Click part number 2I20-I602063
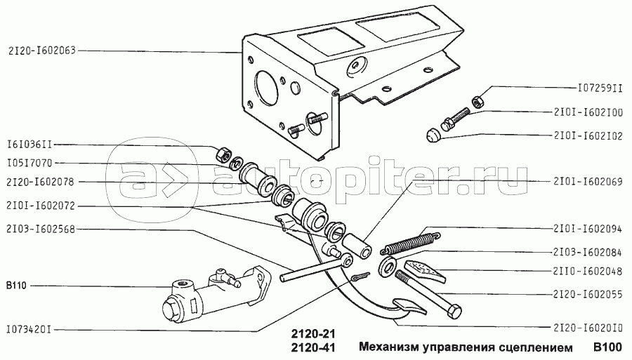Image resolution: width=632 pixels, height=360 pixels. (x=42, y=51)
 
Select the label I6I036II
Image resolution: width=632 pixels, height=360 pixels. (x=29, y=146)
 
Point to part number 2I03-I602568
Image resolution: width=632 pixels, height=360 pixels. (x=43, y=229)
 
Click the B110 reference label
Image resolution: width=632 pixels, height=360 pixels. (x=15, y=286)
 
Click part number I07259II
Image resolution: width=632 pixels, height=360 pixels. (x=596, y=89)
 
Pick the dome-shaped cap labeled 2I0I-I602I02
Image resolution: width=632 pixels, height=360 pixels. (x=434, y=135)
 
